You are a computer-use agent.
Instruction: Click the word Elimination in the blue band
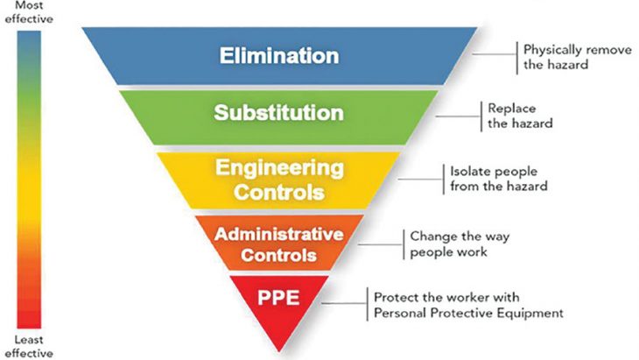[279, 55]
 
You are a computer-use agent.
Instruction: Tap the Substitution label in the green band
[278, 112]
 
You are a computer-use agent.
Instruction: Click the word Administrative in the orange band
[278, 234]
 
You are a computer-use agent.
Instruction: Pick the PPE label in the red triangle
[278, 298]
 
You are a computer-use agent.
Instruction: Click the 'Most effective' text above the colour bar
[29, 12]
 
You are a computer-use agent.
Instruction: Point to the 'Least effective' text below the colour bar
[29, 346]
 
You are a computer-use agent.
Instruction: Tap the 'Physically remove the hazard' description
[578, 57]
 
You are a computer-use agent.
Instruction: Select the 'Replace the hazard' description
[520, 116]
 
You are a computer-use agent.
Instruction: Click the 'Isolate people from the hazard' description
[499, 179]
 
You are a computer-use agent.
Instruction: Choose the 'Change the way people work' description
[460, 244]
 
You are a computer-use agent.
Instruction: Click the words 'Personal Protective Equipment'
[468, 313]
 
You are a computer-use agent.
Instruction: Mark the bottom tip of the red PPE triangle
[279, 351]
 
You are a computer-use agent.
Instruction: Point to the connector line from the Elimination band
[495, 53]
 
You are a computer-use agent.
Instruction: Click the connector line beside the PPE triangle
[344, 303]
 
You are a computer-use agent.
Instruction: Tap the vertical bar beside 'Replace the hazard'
[481, 116]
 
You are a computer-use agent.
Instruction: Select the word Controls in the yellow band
[279, 192]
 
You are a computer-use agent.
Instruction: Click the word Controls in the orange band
[278, 255]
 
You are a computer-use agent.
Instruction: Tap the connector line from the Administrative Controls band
[381, 245]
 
